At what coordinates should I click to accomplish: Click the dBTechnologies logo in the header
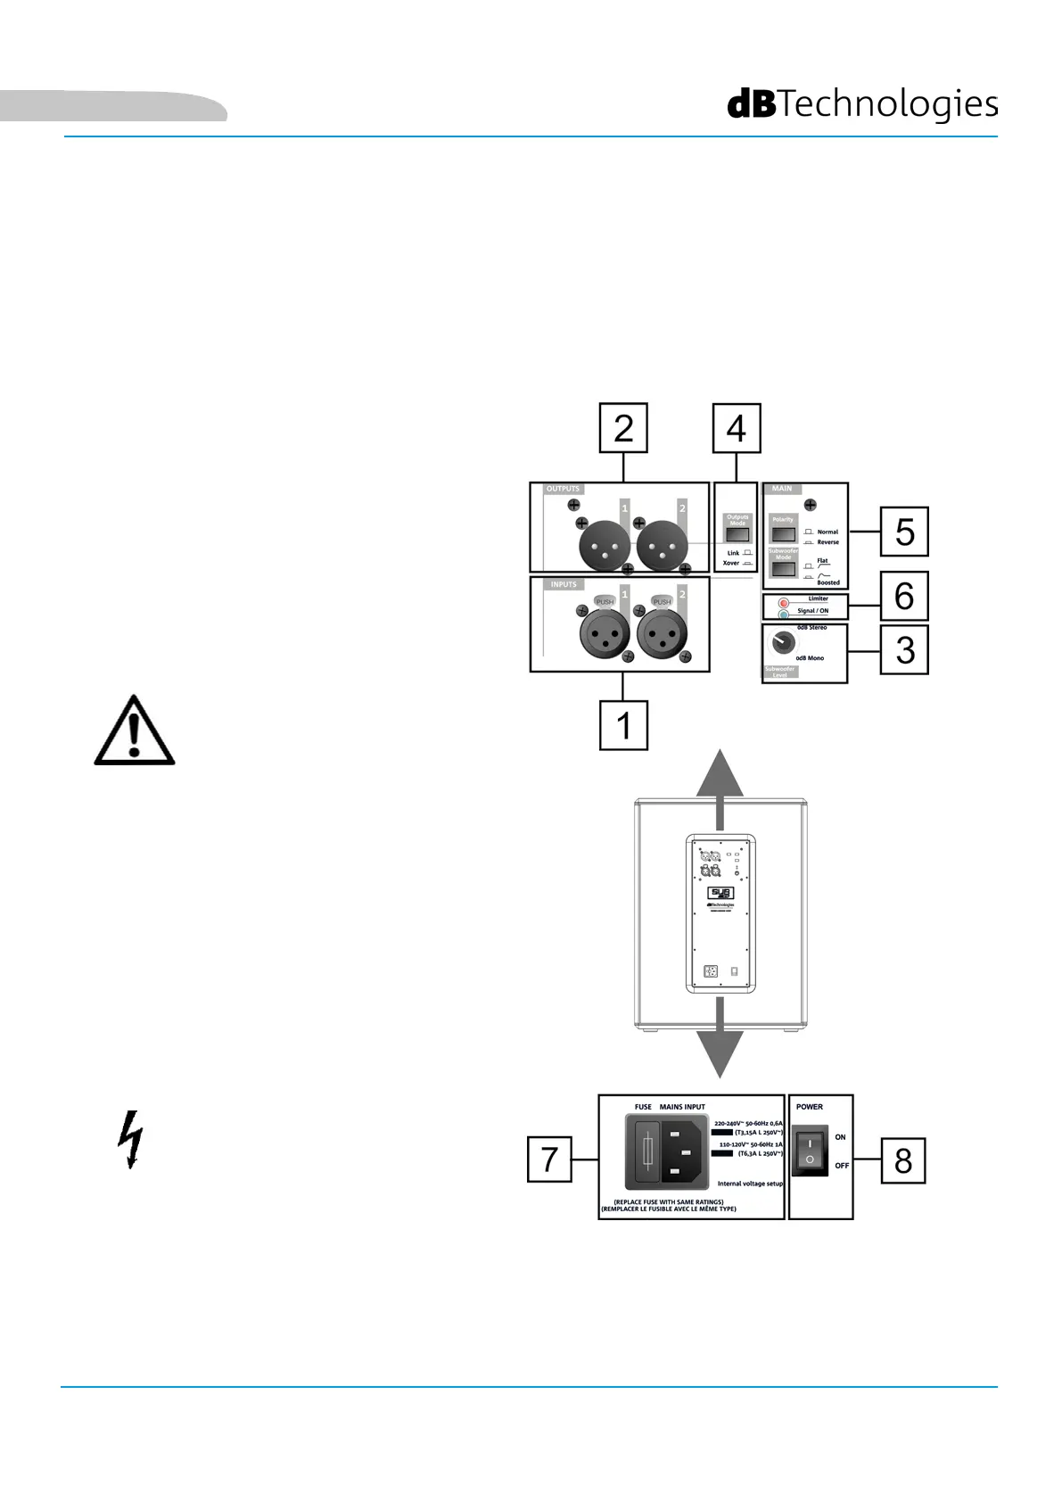point(862,104)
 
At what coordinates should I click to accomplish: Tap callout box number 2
point(623,428)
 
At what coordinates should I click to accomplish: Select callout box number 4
point(737,428)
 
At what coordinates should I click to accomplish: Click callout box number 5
point(904,532)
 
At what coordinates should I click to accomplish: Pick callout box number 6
point(904,596)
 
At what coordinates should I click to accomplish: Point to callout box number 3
point(904,650)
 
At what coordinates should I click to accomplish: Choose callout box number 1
point(623,725)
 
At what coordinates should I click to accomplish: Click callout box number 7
point(549,1160)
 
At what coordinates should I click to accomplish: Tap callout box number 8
point(903,1160)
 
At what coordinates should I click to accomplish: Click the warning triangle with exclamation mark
point(135,732)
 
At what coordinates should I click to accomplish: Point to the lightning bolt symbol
point(131,1139)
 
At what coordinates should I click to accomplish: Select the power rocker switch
point(810,1151)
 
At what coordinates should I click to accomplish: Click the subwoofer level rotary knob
point(784,642)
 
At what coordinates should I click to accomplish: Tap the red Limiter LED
point(784,603)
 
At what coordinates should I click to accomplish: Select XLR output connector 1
point(605,546)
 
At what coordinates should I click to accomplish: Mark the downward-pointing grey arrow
point(720,1044)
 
